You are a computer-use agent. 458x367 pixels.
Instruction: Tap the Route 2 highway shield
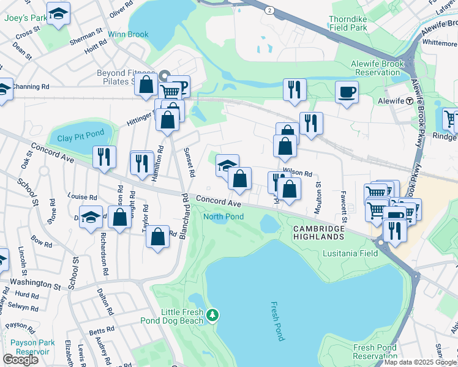[269, 10]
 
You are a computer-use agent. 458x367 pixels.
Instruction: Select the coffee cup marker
[347, 92]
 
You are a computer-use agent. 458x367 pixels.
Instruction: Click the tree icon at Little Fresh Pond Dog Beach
[212, 315]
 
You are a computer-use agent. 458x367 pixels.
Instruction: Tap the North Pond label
[223, 217]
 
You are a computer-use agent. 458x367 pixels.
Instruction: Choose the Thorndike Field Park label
[356, 24]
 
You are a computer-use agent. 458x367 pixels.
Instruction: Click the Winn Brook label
[129, 34]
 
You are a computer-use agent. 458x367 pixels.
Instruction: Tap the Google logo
[20, 360]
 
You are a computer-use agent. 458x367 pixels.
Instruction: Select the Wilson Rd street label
[298, 174]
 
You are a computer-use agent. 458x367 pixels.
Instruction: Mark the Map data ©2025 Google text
[420, 362]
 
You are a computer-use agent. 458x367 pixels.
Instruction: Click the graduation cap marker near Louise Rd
[91, 218]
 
